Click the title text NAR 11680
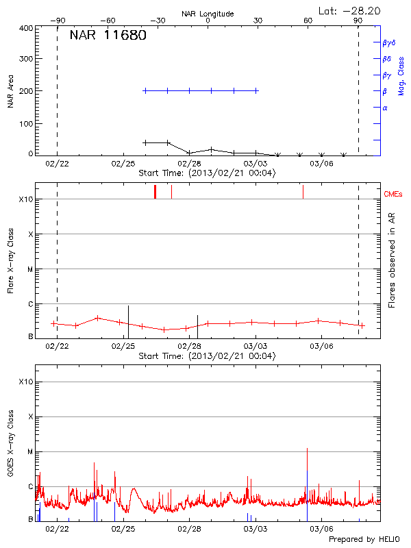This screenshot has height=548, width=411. (108, 36)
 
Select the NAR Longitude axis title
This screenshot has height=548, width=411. (208, 14)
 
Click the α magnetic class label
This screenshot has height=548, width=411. (385, 108)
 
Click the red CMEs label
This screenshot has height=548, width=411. (395, 194)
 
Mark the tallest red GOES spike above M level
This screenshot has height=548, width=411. (308, 449)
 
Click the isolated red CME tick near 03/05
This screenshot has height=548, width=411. (303, 191)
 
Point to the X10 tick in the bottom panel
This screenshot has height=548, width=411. (26, 382)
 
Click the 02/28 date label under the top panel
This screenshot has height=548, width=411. (189, 164)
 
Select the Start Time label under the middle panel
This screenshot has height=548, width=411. (207, 356)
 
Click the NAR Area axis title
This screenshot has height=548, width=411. (10, 91)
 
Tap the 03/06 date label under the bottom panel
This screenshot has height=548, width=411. (321, 530)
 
